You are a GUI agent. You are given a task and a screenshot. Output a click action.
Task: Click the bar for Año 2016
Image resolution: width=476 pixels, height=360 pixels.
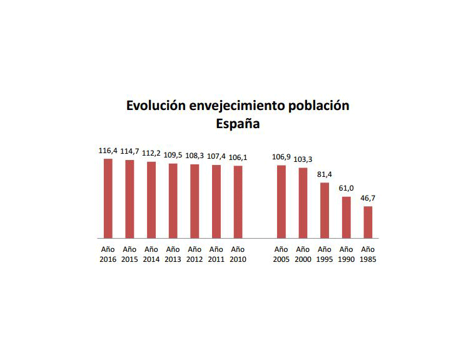pyautogui.click(x=108, y=199)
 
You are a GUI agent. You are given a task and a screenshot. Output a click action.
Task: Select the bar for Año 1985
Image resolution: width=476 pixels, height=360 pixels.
pyautogui.click(x=368, y=222)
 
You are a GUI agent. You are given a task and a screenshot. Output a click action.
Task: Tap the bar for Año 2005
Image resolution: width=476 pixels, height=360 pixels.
pyautogui.click(x=281, y=202)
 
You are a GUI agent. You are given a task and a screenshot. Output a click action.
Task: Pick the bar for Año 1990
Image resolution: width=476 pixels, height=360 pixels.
pyautogui.click(x=347, y=217)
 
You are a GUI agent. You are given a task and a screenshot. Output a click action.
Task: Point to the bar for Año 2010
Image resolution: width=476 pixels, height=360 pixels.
pyautogui.click(x=238, y=202)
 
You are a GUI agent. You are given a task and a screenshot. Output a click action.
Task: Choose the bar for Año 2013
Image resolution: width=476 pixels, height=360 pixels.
pyautogui.click(x=173, y=201)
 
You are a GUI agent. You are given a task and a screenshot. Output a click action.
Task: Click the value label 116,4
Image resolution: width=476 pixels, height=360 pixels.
pyautogui.click(x=108, y=151)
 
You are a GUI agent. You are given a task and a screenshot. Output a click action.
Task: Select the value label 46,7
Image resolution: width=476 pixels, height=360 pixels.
pyautogui.click(x=368, y=198)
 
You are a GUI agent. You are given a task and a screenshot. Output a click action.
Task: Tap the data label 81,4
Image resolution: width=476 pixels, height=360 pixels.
pyautogui.click(x=325, y=174)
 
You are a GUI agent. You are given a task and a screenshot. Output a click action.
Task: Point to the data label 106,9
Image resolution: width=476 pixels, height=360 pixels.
pyautogui.click(x=281, y=157)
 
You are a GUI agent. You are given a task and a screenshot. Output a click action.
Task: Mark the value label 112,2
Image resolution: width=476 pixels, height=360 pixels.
pyautogui.click(x=151, y=154)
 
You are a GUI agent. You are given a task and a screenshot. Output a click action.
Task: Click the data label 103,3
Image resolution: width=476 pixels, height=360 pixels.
pyautogui.click(x=303, y=159)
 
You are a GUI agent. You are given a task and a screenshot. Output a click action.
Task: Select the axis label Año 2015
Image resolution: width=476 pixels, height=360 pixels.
pyautogui.click(x=129, y=254)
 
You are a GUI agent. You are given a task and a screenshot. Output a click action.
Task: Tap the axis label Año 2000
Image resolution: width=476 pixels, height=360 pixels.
pyautogui.click(x=303, y=254)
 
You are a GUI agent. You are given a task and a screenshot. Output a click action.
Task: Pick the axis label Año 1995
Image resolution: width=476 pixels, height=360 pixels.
pyautogui.click(x=325, y=254)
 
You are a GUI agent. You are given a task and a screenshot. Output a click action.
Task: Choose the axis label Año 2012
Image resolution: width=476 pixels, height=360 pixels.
pyautogui.click(x=195, y=254)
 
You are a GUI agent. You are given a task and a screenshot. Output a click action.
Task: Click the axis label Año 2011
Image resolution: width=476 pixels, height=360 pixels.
pyautogui.click(x=216, y=254)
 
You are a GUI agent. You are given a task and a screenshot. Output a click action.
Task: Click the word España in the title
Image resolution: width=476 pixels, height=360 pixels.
pyautogui.click(x=238, y=124)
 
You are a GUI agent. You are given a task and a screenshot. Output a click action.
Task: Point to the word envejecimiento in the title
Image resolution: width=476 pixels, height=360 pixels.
pyautogui.click(x=238, y=106)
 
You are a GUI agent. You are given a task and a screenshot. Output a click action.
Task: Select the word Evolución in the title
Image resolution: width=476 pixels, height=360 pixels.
pyautogui.click(x=156, y=106)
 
